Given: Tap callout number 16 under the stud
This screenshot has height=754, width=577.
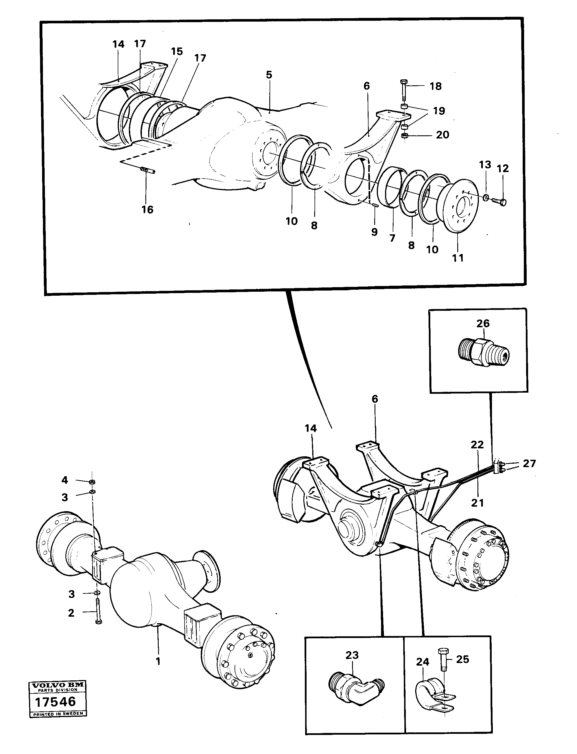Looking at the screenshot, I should [147, 210].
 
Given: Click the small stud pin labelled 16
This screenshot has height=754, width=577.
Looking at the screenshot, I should [147, 170].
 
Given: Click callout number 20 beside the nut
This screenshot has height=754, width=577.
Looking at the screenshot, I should [442, 134].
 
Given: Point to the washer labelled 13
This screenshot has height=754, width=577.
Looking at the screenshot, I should [486, 197].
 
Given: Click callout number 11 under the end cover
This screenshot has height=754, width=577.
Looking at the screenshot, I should [458, 258].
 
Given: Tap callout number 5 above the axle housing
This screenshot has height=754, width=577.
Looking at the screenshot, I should [269, 74].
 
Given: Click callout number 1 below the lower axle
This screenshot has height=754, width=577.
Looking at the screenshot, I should [158, 662].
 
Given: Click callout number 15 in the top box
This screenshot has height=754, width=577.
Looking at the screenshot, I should [177, 51].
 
